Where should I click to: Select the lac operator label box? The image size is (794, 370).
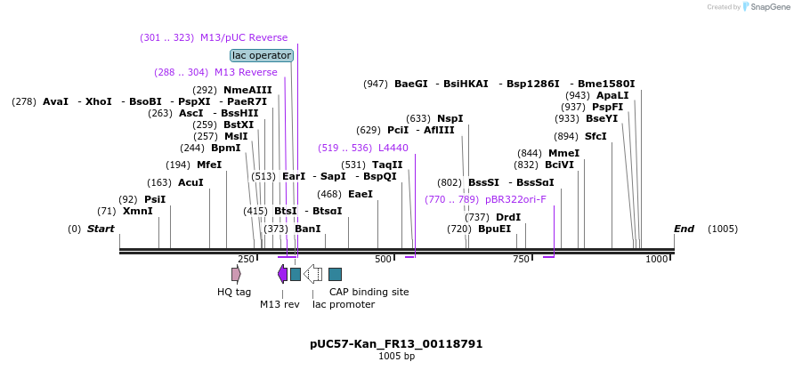click(x=262, y=55)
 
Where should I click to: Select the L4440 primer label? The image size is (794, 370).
click(x=393, y=148)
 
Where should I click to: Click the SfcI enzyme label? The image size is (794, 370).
click(x=595, y=136)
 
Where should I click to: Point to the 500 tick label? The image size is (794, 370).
click(x=384, y=259)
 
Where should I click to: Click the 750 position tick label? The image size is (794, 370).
click(x=522, y=259)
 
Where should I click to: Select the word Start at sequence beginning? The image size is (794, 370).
click(x=101, y=229)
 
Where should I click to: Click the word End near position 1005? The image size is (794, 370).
click(x=684, y=229)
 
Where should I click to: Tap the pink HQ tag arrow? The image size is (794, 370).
click(x=236, y=274)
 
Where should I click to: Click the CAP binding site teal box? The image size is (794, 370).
click(x=335, y=274)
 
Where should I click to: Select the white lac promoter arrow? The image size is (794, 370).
click(x=312, y=274)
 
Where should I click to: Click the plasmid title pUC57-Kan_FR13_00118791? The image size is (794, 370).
click(x=396, y=343)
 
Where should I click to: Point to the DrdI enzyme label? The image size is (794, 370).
click(x=508, y=217)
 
